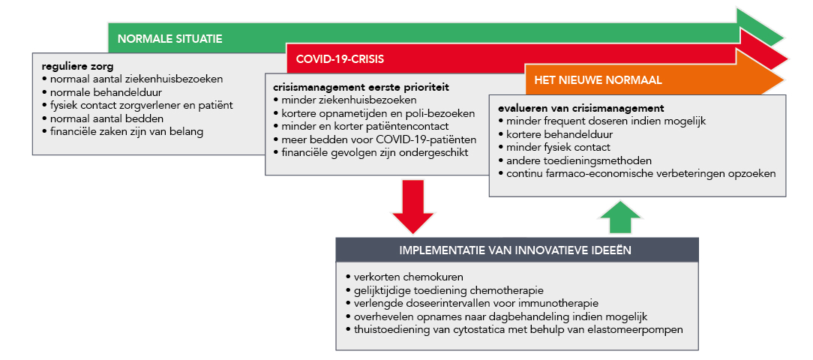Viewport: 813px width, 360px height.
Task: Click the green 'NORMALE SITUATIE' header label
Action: click(x=170, y=39)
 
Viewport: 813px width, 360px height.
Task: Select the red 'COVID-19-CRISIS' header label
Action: click(x=340, y=59)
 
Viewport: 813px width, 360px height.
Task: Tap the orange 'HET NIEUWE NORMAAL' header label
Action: click(x=598, y=80)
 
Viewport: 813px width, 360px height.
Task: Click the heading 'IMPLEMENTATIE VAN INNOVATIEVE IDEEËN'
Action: click(x=515, y=250)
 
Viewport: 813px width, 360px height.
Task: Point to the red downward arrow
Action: click(x=412, y=206)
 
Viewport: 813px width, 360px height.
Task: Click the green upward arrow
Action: click(x=621, y=217)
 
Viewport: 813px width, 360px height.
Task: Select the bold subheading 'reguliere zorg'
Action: click(x=77, y=67)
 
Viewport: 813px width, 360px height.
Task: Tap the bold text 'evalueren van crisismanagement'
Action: click(x=581, y=109)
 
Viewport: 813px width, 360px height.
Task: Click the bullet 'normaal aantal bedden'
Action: click(x=103, y=118)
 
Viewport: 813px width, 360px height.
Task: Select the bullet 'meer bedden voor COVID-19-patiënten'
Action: click(x=375, y=139)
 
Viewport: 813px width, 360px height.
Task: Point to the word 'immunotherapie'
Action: click(x=573, y=303)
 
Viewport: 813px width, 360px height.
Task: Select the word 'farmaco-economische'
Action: click(x=598, y=174)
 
